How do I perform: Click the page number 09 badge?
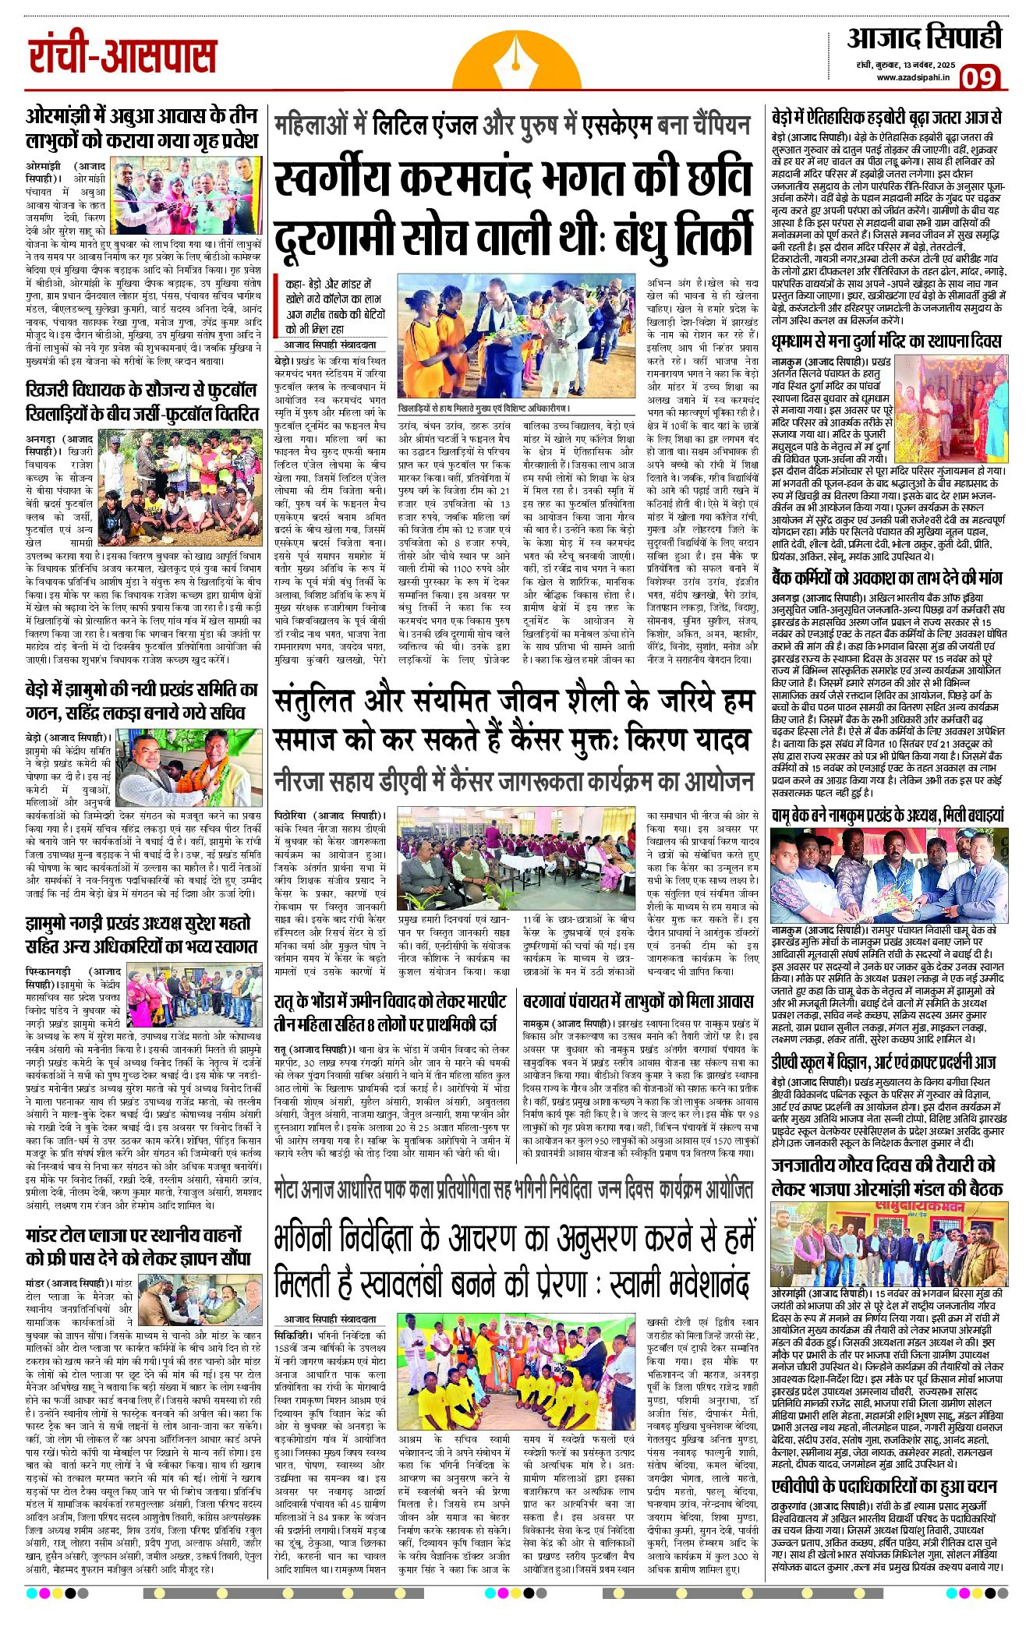[x=980, y=79]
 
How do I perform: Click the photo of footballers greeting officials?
[x=518, y=336]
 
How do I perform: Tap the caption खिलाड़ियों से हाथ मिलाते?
[x=483, y=408]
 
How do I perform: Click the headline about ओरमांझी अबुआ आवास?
[x=141, y=128]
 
